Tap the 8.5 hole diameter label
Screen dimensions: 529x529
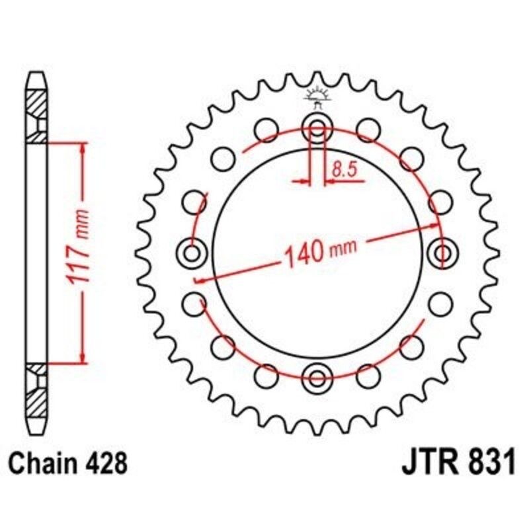[345, 169]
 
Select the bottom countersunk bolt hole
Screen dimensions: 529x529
[318, 378]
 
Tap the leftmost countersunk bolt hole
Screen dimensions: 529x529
[192, 252]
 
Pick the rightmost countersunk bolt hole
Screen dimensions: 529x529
[442, 252]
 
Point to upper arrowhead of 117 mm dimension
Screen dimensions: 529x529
[82, 147]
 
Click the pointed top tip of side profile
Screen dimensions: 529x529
[38, 74]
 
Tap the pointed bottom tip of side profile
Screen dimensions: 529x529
[38, 429]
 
